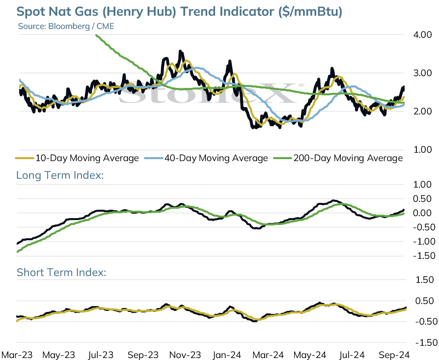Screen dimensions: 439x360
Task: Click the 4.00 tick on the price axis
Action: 422,35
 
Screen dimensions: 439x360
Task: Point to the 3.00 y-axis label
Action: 422,73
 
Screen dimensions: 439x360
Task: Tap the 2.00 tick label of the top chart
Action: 422,111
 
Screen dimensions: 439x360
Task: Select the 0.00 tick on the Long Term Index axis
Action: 422,213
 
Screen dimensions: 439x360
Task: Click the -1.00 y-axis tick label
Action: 424,242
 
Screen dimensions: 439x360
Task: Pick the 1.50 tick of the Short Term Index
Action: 425,279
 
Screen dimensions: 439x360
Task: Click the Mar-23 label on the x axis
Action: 17,355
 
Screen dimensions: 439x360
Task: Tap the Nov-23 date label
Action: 185,355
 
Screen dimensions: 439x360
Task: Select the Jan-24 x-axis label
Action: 227,355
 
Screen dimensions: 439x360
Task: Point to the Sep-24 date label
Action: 394,355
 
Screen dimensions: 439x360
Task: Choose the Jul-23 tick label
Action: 101,355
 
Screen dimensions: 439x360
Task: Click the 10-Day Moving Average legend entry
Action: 77,158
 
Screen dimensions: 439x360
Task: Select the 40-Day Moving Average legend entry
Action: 206,158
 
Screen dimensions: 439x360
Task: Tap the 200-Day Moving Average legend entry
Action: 338,158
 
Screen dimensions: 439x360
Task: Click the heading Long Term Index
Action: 60,175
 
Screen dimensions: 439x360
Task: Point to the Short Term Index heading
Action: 61,273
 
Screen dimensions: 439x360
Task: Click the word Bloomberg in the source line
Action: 69,27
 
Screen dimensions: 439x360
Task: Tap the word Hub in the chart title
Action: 164,12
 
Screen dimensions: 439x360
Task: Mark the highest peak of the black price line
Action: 180,51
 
